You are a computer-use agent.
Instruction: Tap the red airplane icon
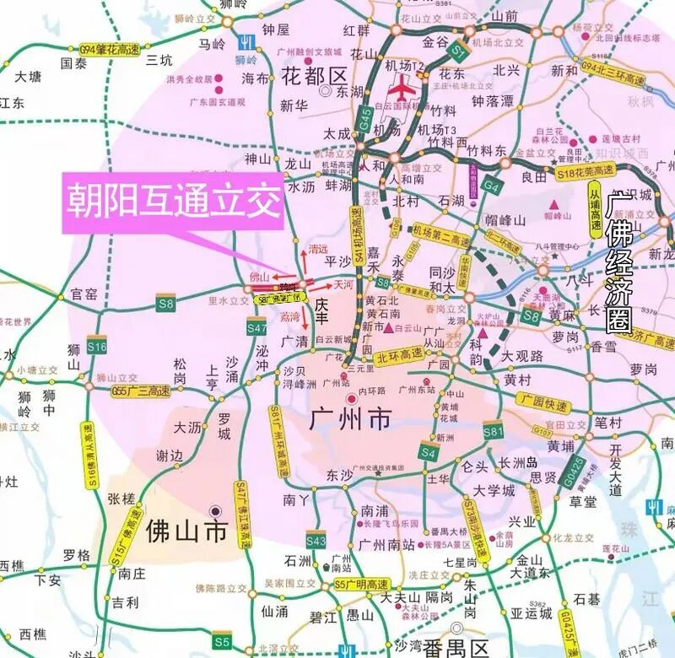click(x=403, y=88)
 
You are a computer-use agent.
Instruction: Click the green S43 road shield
click(x=316, y=541)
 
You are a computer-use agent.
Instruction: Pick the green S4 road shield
click(x=428, y=454)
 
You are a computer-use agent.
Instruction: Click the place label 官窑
click(x=84, y=294)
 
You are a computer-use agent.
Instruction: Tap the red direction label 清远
click(x=318, y=250)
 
